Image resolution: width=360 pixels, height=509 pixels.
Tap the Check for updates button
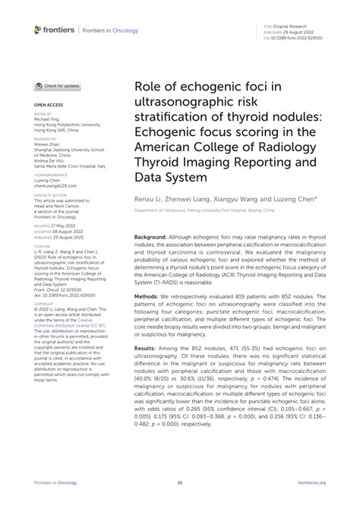click(59, 87)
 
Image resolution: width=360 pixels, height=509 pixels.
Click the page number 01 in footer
click(180, 481)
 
